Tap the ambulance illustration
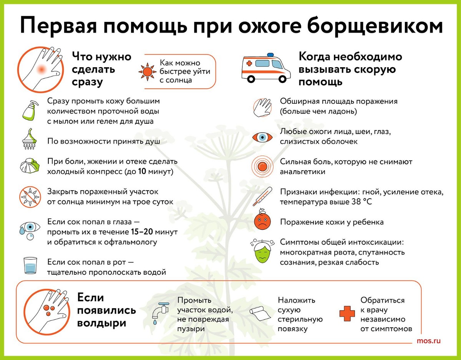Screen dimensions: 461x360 point(266,68)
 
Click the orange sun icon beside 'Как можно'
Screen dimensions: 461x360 point(147,72)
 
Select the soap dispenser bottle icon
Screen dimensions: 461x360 point(30,111)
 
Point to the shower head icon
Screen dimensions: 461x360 point(30,139)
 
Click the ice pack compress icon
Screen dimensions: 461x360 point(30,166)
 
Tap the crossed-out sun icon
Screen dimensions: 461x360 point(30,197)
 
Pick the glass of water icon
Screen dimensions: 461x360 point(30,265)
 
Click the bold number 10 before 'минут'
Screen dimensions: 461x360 point(142,171)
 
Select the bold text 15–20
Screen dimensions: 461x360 point(142,232)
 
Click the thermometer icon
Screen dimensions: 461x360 point(262,196)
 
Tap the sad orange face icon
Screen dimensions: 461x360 point(262,221)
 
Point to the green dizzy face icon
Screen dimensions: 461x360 point(262,251)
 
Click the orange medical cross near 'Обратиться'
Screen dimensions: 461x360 point(347,314)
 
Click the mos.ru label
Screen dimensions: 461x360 point(429,341)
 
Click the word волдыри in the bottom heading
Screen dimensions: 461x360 point(102,324)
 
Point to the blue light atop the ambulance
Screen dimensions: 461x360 point(270,55)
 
